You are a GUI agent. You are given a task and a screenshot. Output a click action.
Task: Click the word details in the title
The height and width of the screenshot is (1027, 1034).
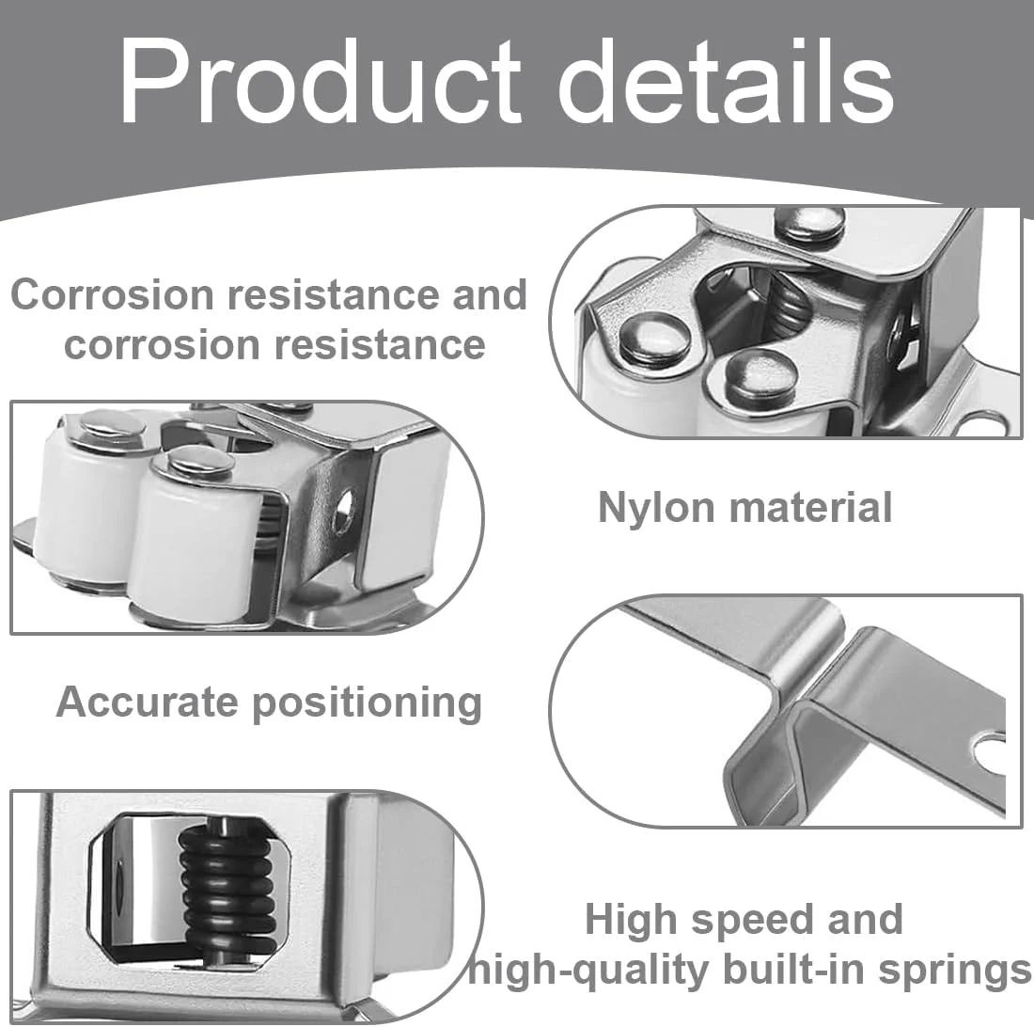726,81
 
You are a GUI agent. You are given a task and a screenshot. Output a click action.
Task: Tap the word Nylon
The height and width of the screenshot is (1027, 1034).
656,509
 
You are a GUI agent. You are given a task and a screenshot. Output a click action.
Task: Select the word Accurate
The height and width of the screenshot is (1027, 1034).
147,702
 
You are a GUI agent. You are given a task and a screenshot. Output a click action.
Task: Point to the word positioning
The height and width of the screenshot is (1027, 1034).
368,703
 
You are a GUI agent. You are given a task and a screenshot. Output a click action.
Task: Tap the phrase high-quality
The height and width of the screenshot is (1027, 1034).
588,972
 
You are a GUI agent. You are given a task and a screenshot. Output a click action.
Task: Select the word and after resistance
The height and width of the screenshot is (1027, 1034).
490,294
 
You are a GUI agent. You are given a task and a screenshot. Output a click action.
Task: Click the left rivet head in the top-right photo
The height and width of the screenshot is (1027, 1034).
655,337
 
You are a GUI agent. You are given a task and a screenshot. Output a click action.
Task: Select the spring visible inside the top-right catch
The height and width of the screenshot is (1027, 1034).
786,306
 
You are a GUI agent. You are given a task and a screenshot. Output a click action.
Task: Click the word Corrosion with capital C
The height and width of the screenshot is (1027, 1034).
112,294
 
